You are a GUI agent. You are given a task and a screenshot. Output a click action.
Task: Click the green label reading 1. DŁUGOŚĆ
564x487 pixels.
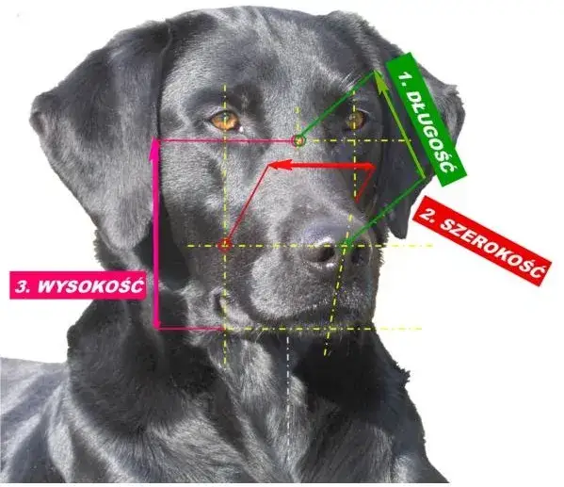[x=427, y=119]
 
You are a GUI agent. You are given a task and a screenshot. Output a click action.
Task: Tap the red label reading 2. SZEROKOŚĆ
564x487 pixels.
[x=482, y=240]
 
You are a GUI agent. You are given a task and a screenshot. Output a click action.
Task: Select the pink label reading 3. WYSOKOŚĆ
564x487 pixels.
[x=78, y=285]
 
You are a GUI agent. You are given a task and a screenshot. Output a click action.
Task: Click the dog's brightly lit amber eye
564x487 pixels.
[x=225, y=120]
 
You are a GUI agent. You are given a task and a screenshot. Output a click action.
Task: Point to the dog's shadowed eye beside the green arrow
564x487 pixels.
[x=355, y=120]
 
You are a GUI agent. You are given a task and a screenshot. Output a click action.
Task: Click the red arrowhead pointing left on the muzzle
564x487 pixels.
[x=279, y=165]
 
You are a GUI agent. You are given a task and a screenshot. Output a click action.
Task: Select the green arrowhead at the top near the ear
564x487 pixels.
[x=379, y=77]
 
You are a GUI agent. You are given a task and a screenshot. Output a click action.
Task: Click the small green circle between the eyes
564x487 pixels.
[x=298, y=140]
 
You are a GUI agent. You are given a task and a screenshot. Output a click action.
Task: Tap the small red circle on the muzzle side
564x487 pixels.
[x=224, y=246]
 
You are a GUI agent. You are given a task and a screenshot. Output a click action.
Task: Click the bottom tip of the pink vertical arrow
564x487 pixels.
[x=157, y=328]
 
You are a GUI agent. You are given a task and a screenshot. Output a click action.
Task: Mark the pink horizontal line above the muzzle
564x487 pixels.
[x=226, y=140]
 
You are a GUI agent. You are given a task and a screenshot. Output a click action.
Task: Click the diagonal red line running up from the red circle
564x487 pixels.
[x=248, y=204]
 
